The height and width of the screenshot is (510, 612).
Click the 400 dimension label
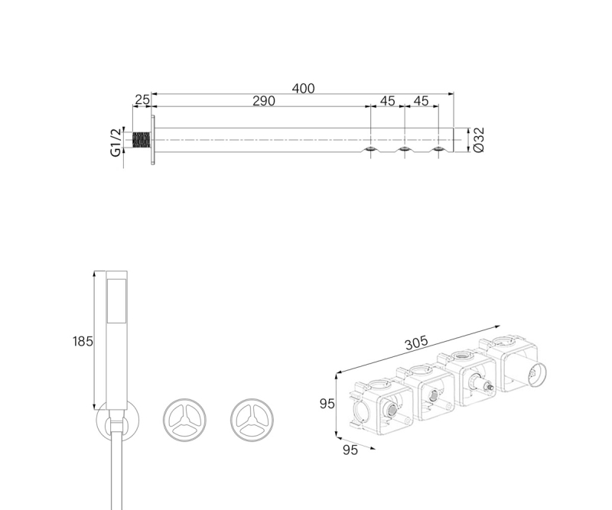pyautogui.click(x=303, y=89)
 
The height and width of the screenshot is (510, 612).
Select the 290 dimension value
pyautogui.click(x=264, y=101)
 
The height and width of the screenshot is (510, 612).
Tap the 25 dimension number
pyautogui.click(x=142, y=100)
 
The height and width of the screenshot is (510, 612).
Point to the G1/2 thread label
pyautogui.click(x=116, y=142)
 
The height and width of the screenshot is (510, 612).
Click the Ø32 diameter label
pyautogui.click(x=478, y=140)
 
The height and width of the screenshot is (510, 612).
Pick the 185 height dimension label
pyautogui.click(x=83, y=342)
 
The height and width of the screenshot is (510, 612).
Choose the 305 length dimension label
pyautogui.click(x=416, y=343)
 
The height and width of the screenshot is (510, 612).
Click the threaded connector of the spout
pyautogui.click(x=142, y=140)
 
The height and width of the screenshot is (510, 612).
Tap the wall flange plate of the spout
pyautogui.click(x=154, y=140)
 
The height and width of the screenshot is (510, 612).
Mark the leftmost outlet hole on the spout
pyautogui.click(x=371, y=149)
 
